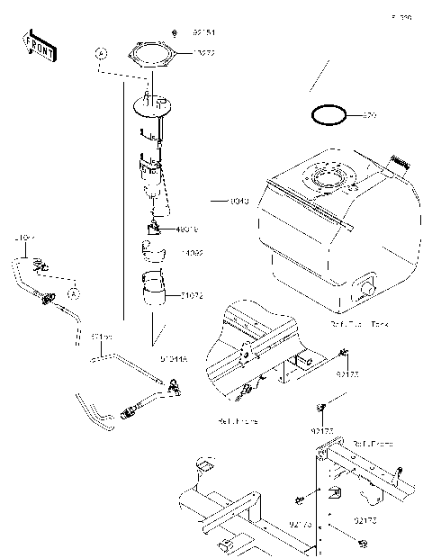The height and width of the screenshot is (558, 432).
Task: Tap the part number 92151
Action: click(x=205, y=33)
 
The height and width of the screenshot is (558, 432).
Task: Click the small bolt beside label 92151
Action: click(x=173, y=33)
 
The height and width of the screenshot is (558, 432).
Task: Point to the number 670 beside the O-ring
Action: click(x=368, y=116)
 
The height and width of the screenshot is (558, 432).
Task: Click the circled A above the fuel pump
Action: click(x=102, y=55)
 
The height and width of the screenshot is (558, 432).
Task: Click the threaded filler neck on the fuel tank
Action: click(x=398, y=164)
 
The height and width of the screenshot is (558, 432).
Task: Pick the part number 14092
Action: click(x=192, y=254)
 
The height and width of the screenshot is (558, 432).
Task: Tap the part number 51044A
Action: click(x=175, y=358)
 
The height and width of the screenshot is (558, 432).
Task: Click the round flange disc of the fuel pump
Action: click(x=152, y=107)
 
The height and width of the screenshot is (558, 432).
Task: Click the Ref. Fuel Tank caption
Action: click(x=360, y=322)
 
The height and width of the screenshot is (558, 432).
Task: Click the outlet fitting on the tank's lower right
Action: click(x=366, y=287)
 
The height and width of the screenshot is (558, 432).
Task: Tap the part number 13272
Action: click(x=204, y=54)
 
